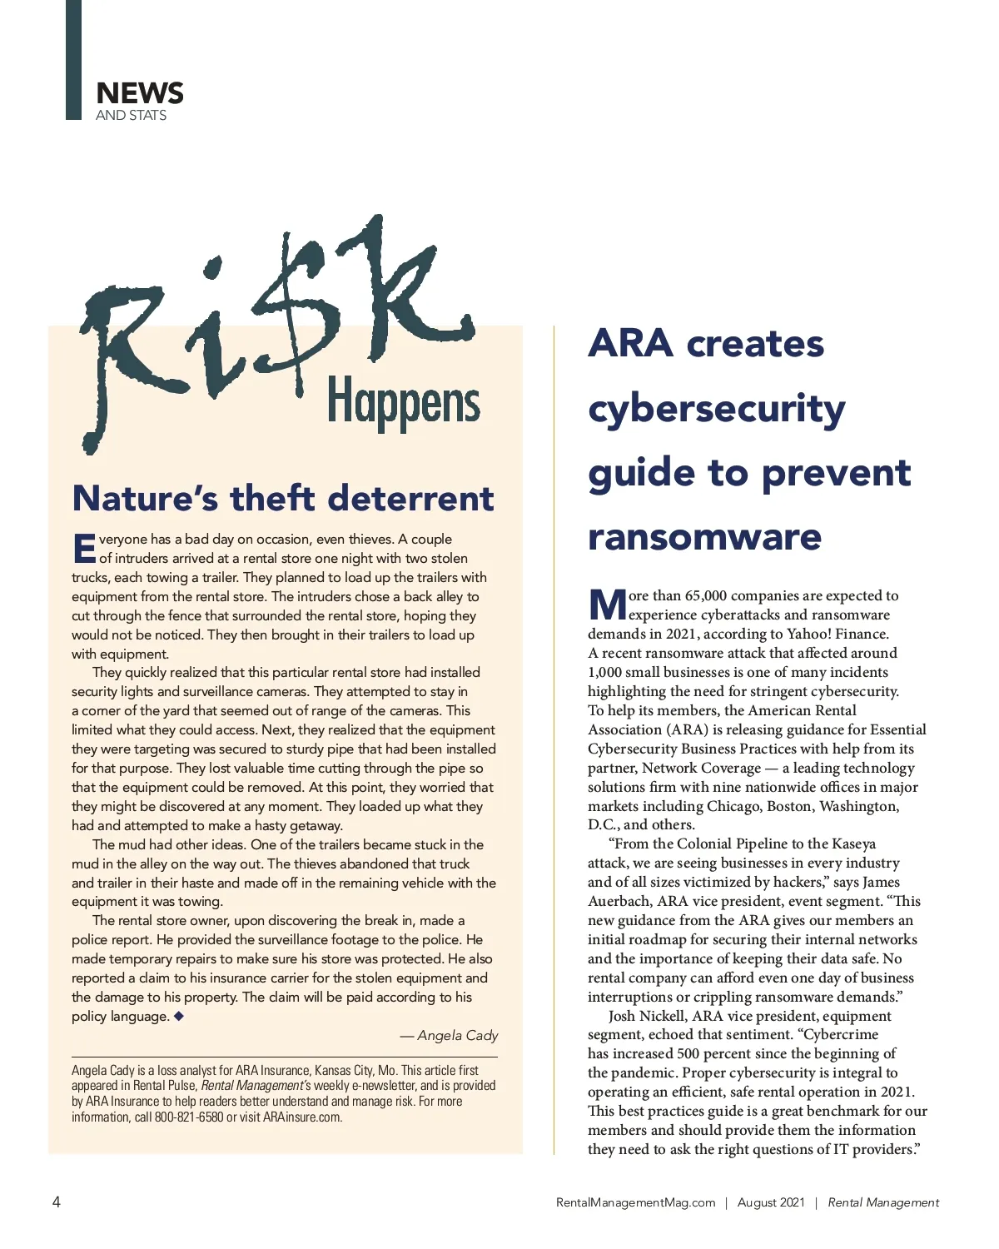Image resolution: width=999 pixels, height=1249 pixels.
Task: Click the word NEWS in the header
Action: [x=139, y=92]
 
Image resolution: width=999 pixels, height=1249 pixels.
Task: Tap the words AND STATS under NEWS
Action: [x=131, y=115]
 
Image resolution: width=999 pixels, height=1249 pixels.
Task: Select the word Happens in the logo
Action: [x=403, y=403]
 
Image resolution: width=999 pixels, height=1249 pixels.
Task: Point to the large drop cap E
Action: [x=84, y=549]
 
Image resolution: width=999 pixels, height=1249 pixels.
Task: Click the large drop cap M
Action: [x=607, y=605]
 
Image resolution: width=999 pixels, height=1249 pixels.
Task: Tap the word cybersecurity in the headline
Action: [x=716, y=408]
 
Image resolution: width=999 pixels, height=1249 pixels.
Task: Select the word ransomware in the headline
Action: [x=704, y=536]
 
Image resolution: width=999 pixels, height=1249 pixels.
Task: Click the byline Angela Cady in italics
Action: [x=457, y=1035]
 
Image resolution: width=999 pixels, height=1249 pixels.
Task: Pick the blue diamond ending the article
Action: [x=178, y=1015]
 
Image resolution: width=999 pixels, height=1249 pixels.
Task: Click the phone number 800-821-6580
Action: [x=188, y=1117]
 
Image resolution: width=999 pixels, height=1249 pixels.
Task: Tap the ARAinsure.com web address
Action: [x=302, y=1117]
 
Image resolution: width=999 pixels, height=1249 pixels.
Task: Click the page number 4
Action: [x=57, y=1202]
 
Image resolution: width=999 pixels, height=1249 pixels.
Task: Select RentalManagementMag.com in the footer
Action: [x=635, y=1202]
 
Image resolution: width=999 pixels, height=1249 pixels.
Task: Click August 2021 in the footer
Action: [x=771, y=1202]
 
